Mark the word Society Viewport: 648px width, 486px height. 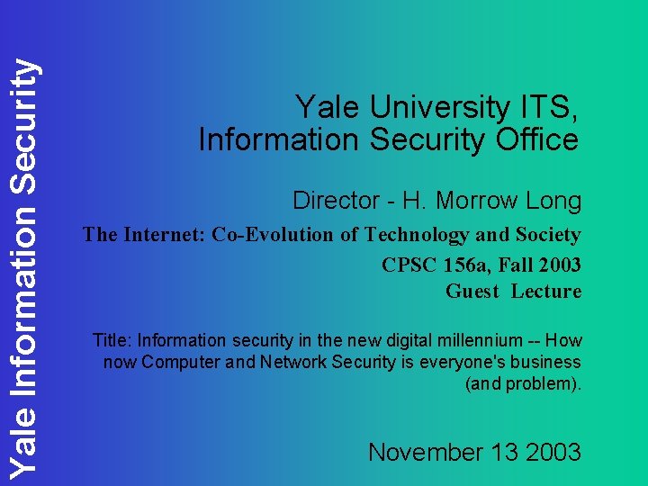pyautogui.click(x=546, y=235)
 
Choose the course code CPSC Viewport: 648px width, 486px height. pyautogui.click(x=409, y=265)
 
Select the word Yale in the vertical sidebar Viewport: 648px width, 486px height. pyautogui.click(x=22, y=444)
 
